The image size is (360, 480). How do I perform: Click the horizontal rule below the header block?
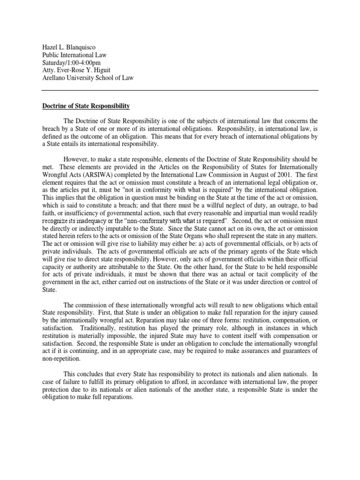click(x=180, y=90)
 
